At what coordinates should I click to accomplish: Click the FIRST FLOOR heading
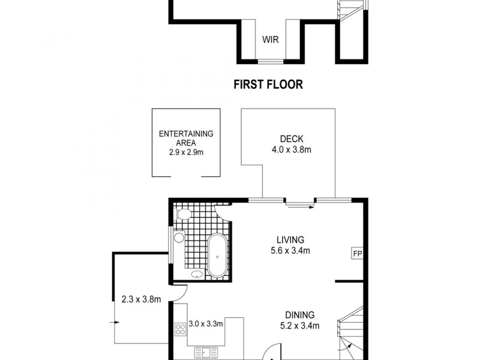268,85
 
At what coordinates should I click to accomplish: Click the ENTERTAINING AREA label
186,139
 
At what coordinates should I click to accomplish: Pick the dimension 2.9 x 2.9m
186,153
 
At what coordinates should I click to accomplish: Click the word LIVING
286,239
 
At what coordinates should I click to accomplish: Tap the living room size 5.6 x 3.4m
290,251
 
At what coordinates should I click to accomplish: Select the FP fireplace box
357,253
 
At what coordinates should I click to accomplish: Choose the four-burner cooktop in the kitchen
180,329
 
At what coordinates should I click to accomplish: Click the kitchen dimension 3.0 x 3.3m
206,324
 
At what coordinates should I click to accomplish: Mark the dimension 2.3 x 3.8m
141,299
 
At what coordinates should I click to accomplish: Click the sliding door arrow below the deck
300,207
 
